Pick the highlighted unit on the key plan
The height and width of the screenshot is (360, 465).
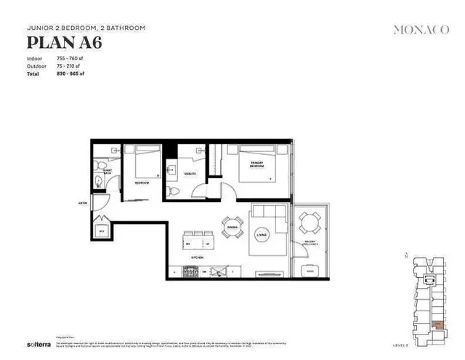coord(438,325)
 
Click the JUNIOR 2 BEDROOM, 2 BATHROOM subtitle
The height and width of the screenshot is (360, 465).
coord(86,28)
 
